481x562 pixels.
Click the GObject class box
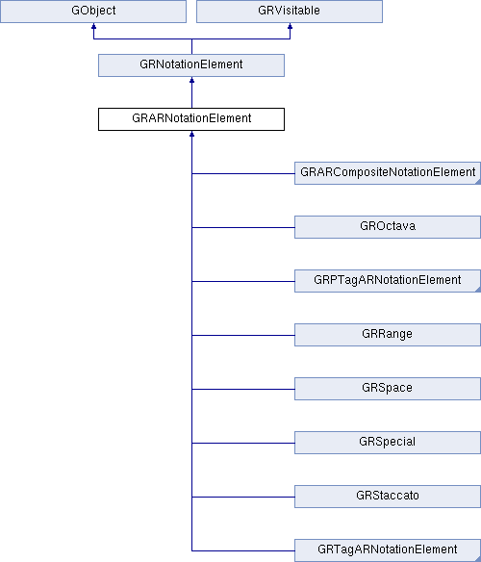(x=93, y=12)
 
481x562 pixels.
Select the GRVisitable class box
(x=290, y=12)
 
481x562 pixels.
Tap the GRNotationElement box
(x=191, y=65)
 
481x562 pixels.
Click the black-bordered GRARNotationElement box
(x=191, y=119)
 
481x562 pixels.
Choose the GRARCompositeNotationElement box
(x=388, y=173)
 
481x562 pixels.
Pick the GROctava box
(x=388, y=227)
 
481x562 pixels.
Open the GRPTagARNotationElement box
(x=388, y=281)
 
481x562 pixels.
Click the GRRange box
(x=388, y=335)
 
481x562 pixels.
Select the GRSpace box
(x=388, y=389)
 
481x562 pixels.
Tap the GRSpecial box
(x=388, y=443)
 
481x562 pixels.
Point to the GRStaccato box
(x=388, y=497)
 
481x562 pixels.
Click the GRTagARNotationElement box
(x=388, y=550)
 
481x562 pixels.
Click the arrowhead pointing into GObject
(x=93, y=26)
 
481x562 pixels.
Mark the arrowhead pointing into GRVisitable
(x=290, y=26)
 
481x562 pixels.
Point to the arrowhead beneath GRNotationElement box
(x=191, y=80)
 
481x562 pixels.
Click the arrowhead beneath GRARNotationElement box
(x=191, y=134)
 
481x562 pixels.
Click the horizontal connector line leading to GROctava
(x=243, y=227)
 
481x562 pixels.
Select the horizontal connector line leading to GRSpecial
(x=243, y=443)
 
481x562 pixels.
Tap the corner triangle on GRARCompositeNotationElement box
(x=478, y=182)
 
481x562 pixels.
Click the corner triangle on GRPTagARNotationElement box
(x=478, y=290)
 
